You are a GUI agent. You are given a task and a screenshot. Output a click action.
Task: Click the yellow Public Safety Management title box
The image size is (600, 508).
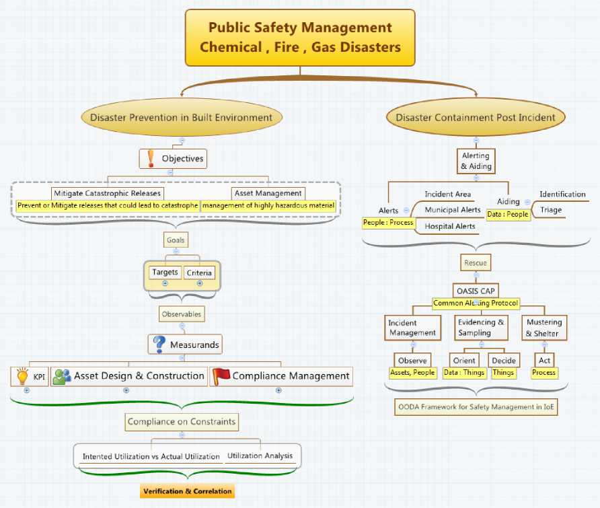coord(299,38)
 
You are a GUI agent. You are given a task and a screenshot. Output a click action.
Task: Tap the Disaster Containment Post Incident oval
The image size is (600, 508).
coord(476,117)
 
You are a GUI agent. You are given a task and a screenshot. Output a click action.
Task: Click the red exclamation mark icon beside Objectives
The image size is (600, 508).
coord(150,159)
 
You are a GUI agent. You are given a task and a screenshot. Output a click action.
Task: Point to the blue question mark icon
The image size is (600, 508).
coord(159,344)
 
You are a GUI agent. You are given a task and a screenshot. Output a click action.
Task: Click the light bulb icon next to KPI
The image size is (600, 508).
coord(22,376)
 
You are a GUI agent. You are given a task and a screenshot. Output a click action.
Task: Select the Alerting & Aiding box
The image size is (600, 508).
coord(476,161)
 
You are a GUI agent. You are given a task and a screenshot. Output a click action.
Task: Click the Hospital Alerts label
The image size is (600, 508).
coord(449,226)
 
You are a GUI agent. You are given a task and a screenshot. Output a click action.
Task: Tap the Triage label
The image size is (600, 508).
coord(550,210)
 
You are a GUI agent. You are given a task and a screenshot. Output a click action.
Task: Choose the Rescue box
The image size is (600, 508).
coord(476,262)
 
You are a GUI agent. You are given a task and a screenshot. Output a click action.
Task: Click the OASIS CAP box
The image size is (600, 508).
coord(476,291)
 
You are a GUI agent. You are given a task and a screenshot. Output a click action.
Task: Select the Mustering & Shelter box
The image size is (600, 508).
coord(543,328)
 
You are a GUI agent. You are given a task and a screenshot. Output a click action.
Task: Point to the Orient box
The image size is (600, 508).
coord(464,361)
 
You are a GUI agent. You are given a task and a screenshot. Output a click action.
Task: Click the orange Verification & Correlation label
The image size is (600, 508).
coord(187,491)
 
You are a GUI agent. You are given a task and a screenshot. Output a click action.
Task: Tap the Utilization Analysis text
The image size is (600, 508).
coord(260,456)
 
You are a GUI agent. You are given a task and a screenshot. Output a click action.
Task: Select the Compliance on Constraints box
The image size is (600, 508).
coord(182,422)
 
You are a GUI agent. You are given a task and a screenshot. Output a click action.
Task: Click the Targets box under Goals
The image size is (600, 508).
coord(165,272)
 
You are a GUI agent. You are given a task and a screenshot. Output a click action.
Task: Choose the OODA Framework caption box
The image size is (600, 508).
coord(476,406)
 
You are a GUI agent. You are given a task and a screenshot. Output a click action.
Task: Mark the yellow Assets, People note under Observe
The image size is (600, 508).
coord(412,372)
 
